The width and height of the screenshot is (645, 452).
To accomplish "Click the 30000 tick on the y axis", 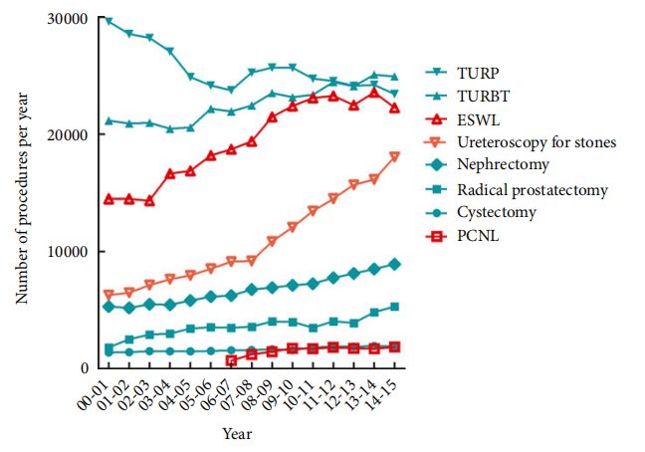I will (67, 19).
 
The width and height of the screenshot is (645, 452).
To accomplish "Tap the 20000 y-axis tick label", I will (67, 135).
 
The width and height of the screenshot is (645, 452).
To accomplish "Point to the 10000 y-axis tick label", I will (67, 252).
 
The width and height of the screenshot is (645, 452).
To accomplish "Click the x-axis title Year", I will (237, 435).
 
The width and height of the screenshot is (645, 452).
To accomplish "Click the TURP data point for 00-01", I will (107, 20).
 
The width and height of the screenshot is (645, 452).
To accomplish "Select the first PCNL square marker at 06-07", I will (231, 361).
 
